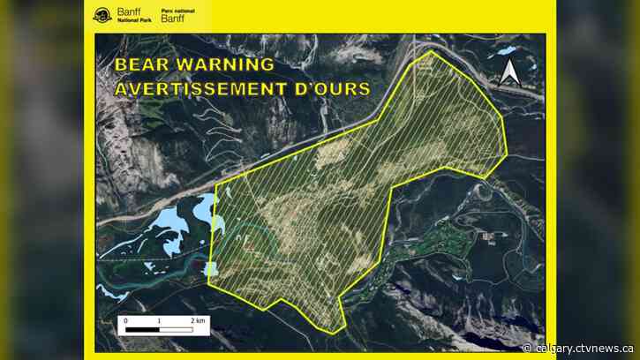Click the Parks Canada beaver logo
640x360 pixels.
point(102,16)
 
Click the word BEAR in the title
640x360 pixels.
point(147,67)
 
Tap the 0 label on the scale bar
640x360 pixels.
point(125,320)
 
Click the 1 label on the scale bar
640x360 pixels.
point(160,320)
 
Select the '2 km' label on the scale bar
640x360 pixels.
point(199,320)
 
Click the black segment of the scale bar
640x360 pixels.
point(142,330)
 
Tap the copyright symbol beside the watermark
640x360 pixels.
point(527,348)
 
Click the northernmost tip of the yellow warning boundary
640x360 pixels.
point(430,51)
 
